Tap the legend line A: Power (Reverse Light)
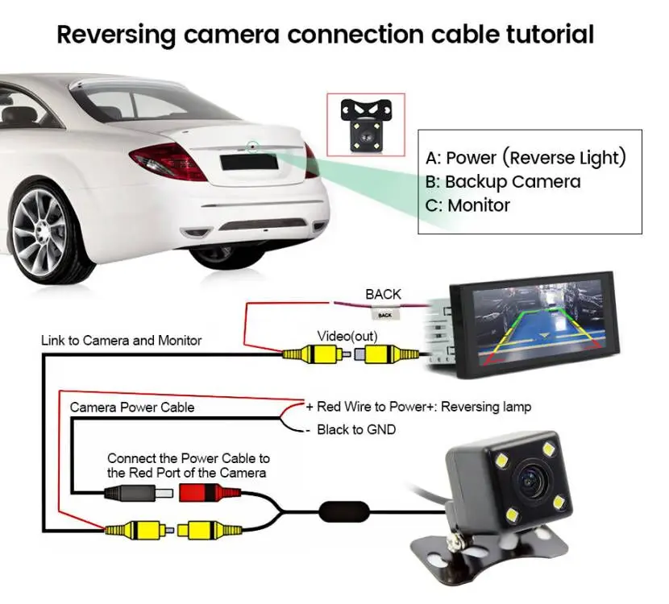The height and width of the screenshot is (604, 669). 526,157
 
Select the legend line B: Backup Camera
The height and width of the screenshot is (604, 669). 503,181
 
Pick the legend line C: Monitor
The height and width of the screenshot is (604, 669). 467,205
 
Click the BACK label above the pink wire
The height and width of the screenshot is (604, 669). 383,294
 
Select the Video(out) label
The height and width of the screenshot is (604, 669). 348,335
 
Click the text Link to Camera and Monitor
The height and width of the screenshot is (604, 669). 121,341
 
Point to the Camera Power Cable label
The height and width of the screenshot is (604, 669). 131,407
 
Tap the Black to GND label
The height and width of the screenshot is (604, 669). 355,430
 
